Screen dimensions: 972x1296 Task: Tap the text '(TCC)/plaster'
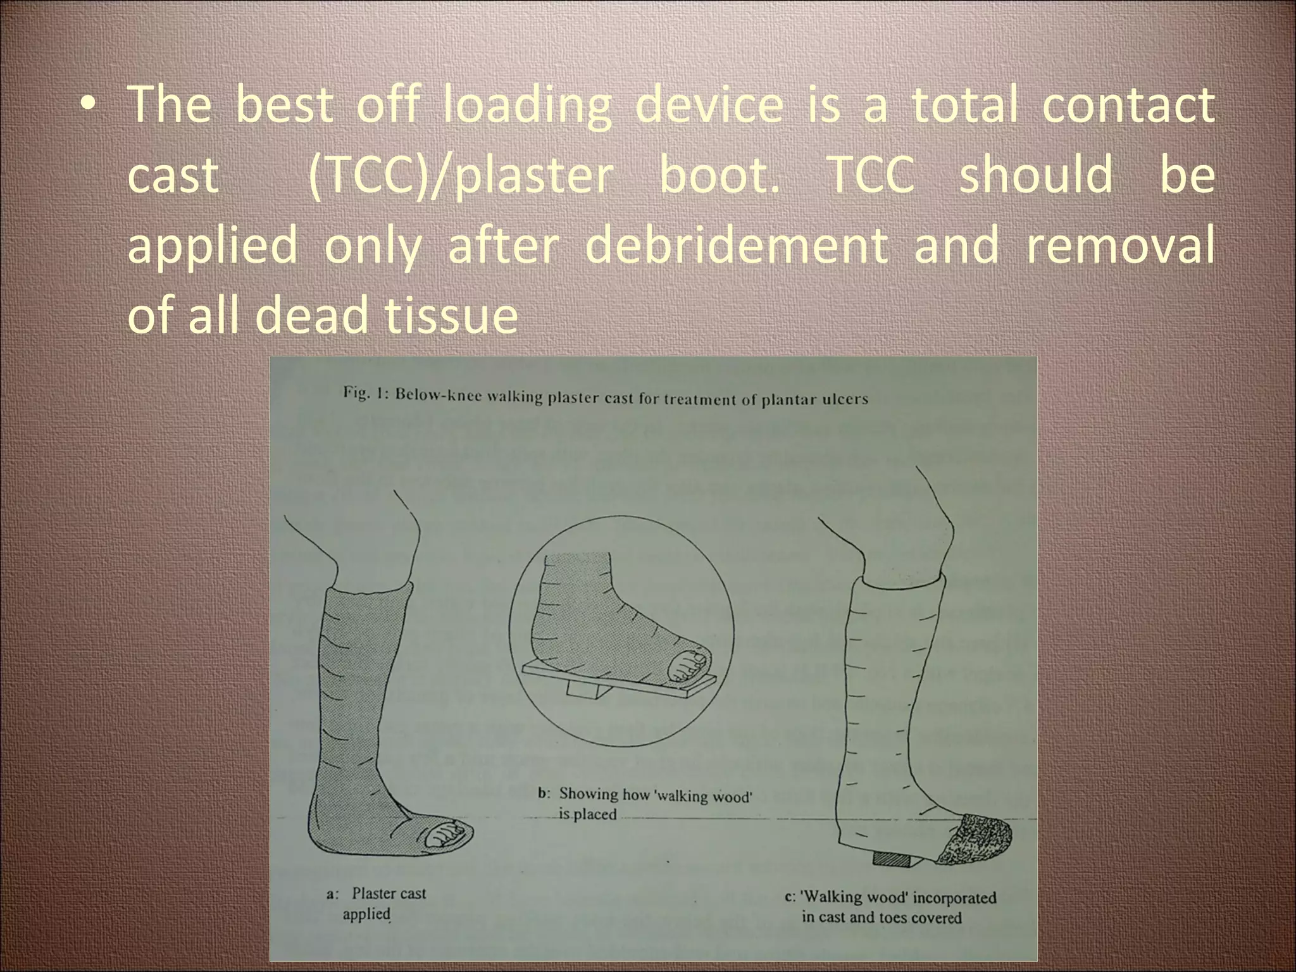tap(460, 175)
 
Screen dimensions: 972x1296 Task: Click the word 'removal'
tap(1119, 244)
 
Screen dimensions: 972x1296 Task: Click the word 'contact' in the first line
tap(1128, 105)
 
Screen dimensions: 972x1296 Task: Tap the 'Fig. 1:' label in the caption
tap(365, 394)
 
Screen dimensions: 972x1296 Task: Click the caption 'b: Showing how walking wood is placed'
tap(645, 804)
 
